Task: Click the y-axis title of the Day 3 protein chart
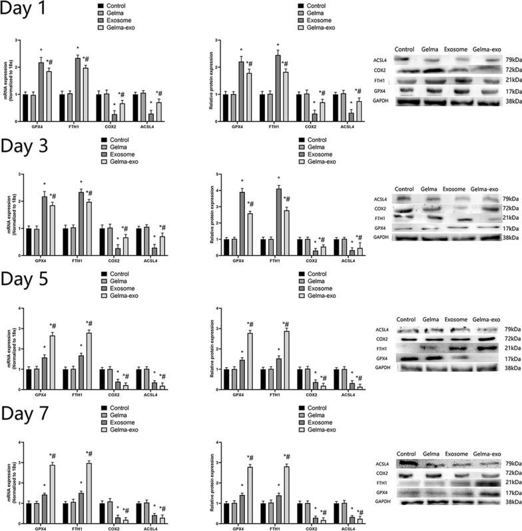click(212, 215)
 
